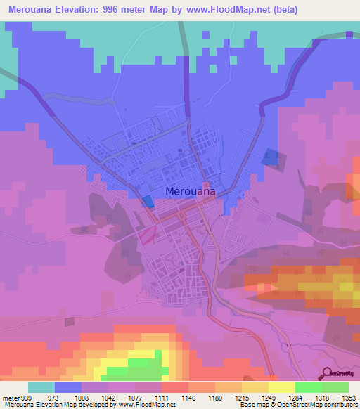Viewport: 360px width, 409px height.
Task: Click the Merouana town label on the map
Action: [191, 190]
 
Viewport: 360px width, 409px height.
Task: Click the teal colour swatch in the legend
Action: [41, 387]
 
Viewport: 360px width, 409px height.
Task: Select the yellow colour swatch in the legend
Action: [281, 387]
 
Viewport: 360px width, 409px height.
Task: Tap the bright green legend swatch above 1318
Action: [308, 387]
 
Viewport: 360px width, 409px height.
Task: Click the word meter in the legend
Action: [10, 397]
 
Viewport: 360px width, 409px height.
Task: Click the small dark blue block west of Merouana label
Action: [148, 202]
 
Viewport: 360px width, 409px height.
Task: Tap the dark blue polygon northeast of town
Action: [270, 157]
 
